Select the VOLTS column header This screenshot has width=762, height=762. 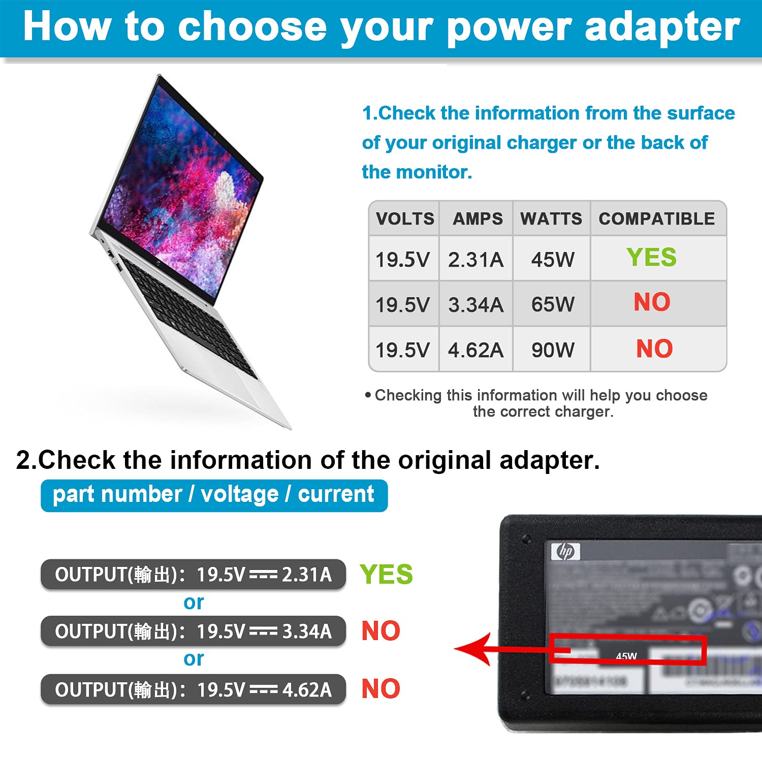pyautogui.click(x=405, y=219)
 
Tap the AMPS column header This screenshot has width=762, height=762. pyautogui.click(x=478, y=219)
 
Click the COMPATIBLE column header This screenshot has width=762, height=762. pyautogui.click(x=657, y=219)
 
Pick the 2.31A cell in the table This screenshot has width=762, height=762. pyautogui.click(x=475, y=260)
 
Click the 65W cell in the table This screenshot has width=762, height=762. pyautogui.click(x=553, y=304)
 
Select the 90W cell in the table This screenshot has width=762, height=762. pyautogui.click(x=553, y=350)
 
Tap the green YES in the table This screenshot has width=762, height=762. pyautogui.click(x=651, y=257)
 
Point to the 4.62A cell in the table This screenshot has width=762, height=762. pyautogui.click(x=475, y=350)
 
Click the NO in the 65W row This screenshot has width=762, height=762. pyautogui.click(x=652, y=302)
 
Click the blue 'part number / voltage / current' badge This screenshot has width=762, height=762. pyautogui.click(x=214, y=495)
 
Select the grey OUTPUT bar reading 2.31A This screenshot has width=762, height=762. pyautogui.click(x=193, y=575)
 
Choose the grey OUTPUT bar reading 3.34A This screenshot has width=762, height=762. pyautogui.click(x=193, y=631)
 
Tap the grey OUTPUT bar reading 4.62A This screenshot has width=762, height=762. pyautogui.click(x=193, y=689)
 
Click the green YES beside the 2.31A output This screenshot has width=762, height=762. pyautogui.click(x=386, y=575)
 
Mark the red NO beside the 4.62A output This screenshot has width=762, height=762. pyautogui.click(x=380, y=689)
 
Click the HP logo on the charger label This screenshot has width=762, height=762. pyautogui.click(x=565, y=551)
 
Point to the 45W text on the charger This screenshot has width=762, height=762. pyautogui.click(x=626, y=656)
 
